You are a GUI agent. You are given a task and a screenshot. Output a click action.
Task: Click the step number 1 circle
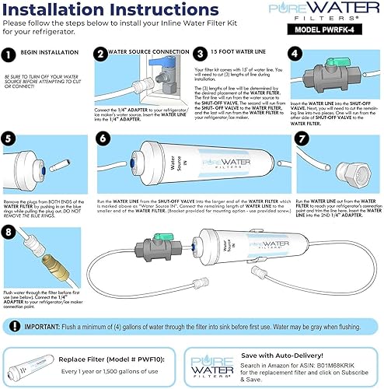11,56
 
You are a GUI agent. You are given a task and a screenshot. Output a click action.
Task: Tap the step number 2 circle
101,55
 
